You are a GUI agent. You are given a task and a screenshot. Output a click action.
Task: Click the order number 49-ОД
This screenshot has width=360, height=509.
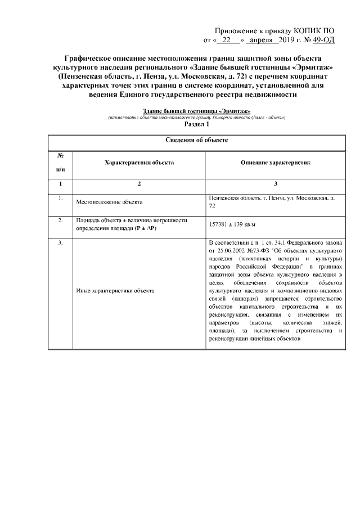pyautogui.click(x=331, y=40)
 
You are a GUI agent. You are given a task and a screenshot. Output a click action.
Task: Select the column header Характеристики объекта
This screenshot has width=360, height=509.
pyautogui.click(x=139, y=162)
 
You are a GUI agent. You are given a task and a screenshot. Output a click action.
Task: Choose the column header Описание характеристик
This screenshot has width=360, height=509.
pyautogui.click(x=276, y=162)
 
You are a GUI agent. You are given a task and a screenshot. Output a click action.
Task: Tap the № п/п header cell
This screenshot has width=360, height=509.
pyautogui.click(x=61, y=162)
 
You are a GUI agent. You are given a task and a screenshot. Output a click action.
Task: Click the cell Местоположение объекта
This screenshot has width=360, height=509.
pyautogui.click(x=109, y=201)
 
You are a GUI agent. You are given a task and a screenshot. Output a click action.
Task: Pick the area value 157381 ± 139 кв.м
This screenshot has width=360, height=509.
pyautogui.click(x=232, y=224)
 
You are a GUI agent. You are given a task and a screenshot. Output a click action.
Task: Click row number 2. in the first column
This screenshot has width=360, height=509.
pyautogui.click(x=60, y=220)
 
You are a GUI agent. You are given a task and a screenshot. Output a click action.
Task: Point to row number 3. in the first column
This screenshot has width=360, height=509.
pyautogui.click(x=60, y=243)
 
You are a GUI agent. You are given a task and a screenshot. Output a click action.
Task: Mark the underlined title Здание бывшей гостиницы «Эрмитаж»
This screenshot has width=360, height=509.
pyautogui.click(x=196, y=111)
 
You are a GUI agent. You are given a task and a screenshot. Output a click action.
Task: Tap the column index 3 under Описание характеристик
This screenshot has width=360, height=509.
pyautogui.click(x=276, y=184)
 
